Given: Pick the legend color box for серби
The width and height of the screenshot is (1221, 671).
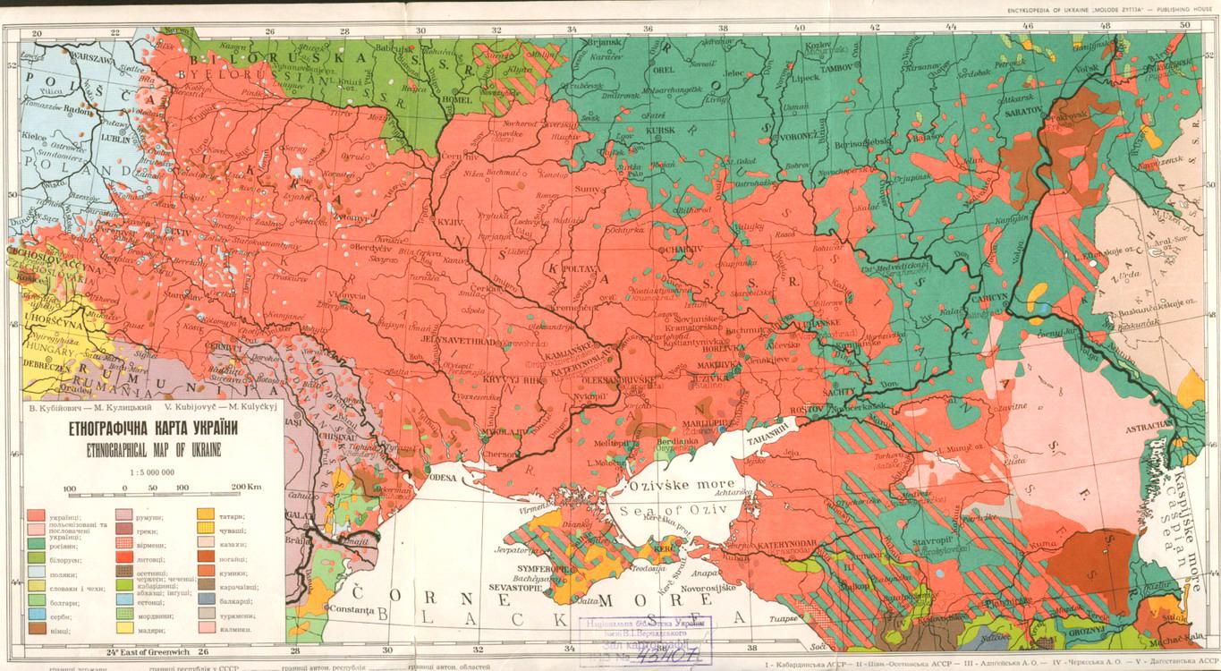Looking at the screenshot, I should pos(37,616).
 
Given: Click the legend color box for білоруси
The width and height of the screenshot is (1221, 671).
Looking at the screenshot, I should pos(37,558).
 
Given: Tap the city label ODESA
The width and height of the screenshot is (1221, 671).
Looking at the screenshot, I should pos(443,479).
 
